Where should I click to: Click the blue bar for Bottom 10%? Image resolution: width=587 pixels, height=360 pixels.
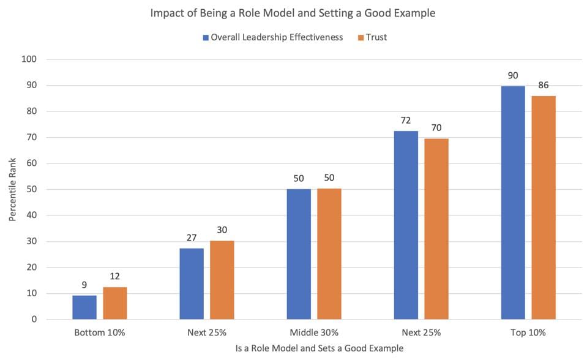(84, 307)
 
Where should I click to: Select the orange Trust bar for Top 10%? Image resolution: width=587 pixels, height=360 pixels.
(543, 208)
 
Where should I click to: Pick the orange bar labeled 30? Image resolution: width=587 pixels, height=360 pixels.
(222, 280)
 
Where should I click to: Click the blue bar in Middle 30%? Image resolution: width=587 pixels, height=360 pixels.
(299, 254)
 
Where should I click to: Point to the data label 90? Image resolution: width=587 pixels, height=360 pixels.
(512, 77)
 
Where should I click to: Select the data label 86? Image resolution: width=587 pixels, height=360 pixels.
(543, 86)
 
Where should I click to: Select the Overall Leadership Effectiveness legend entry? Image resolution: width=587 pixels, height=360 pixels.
(276, 37)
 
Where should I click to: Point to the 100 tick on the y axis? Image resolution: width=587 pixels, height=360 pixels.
(30, 59)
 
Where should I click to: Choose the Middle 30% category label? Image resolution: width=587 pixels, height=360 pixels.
(313, 333)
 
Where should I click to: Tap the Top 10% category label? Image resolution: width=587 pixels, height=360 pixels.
(528, 333)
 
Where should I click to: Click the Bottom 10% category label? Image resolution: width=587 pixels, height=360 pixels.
(99, 333)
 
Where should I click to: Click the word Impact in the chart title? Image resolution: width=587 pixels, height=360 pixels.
(166, 13)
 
